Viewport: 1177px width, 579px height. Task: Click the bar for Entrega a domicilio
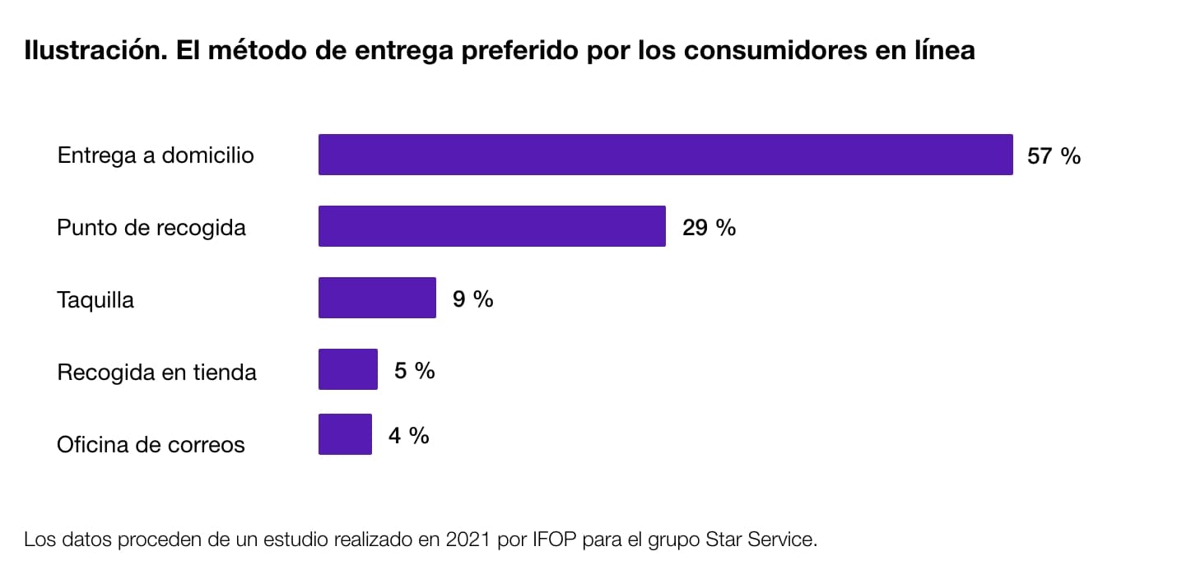point(665,155)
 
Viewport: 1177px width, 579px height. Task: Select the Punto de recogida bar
point(491,226)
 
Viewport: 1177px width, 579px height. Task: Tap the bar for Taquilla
point(377,298)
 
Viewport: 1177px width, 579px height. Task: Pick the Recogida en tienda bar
point(347,369)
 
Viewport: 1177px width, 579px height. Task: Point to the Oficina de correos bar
point(345,434)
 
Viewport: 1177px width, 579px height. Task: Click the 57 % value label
point(1054,155)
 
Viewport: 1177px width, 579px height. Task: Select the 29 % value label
point(709,227)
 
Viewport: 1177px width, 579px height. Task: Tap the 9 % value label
point(472,299)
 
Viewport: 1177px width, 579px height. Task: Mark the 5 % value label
point(414,370)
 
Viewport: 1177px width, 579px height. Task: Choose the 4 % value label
point(408,435)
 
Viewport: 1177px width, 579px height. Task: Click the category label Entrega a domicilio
point(156,155)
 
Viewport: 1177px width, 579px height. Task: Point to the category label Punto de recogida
point(151,227)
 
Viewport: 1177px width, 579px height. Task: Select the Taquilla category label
point(95,299)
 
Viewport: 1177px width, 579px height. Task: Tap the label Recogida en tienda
point(156,372)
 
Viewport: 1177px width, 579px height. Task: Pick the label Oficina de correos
point(151,444)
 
